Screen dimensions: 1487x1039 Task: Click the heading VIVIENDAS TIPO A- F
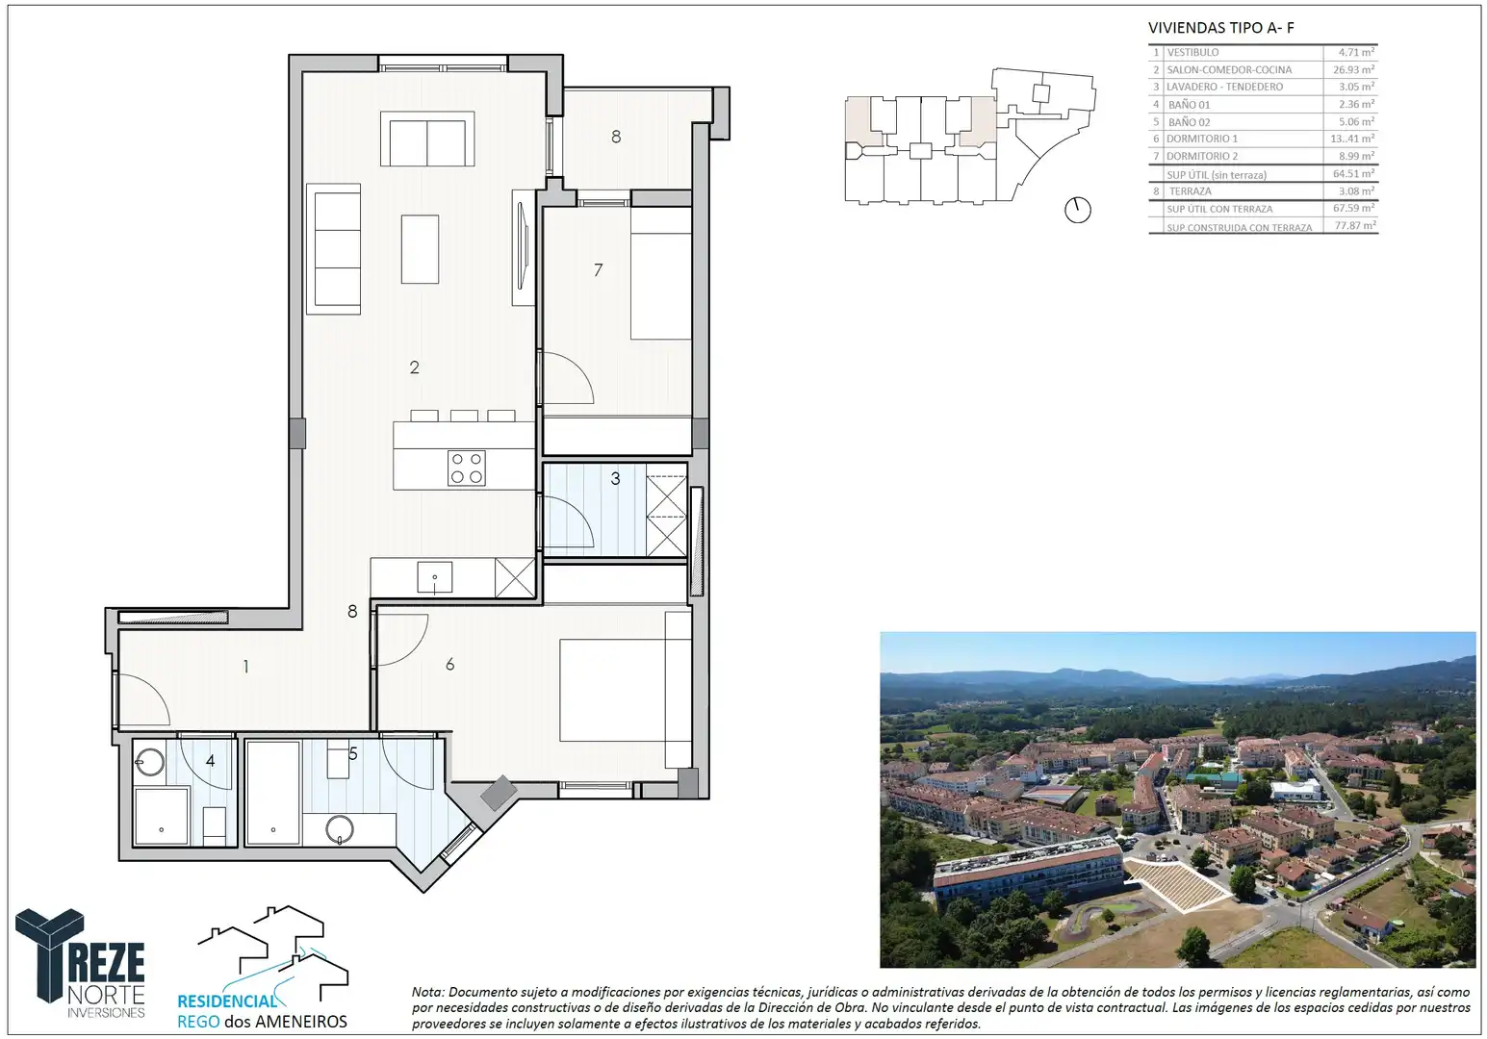click(x=1220, y=28)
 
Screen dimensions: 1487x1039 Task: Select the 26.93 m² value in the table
click(x=1353, y=69)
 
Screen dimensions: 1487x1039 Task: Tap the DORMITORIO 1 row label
click(x=1201, y=139)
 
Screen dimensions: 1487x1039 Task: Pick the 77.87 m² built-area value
click(x=1355, y=225)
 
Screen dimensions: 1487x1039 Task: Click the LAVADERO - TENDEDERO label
click(x=1224, y=87)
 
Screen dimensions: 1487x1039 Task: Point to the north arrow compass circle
click(x=1077, y=211)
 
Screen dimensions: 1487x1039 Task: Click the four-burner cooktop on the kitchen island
click(x=466, y=468)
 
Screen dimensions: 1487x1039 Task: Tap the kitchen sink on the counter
click(x=434, y=576)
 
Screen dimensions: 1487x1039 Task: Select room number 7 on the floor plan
click(x=598, y=270)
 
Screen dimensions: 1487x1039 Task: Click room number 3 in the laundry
click(x=615, y=478)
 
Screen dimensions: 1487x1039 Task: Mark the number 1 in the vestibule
click(x=246, y=666)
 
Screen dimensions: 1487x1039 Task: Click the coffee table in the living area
click(x=420, y=249)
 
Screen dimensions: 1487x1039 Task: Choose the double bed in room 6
click(x=612, y=690)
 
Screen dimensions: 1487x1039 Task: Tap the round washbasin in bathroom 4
click(x=150, y=762)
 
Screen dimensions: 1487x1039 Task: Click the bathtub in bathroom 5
click(x=272, y=793)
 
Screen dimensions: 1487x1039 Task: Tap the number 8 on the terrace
click(x=616, y=137)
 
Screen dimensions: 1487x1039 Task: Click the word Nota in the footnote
click(x=426, y=993)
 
